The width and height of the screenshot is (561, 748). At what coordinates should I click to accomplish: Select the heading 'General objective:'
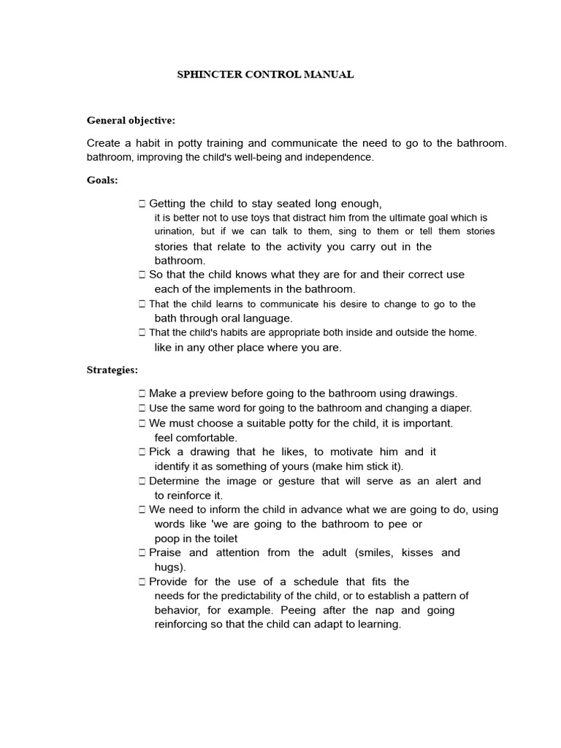coord(131,120)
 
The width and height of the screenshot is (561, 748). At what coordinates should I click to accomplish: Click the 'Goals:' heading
coord(102,180)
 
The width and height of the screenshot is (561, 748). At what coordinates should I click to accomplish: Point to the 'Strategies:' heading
coord(112,370)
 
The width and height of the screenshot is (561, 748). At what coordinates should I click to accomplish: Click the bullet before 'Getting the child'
coord(142,204)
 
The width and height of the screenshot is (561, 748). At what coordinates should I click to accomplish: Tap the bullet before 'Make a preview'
coord(142,394)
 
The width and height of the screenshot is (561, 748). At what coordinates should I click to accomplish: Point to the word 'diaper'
coord(454,408)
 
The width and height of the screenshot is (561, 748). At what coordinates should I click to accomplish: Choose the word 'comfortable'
coord(206,438)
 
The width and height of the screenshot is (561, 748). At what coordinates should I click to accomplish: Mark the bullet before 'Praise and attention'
coord(142,553)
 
